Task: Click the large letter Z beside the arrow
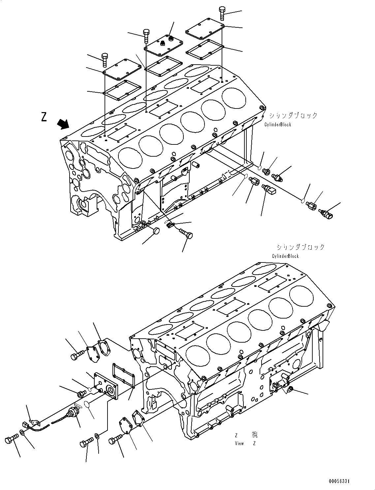pyautogui.click(x=44, y=117)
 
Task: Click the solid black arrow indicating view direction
pyautogui.click(x=63, y=124)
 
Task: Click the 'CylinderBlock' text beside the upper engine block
pyautogui.click(x=277, y=125)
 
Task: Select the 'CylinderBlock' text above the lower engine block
pyautogui.click(x=285, y=256)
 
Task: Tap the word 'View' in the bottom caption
pyautogui.click(x=239, y=444)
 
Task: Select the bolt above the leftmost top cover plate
pyautogui.click(x=105, y=60)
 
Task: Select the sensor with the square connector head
pyautogui.click(x=269, y=190)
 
